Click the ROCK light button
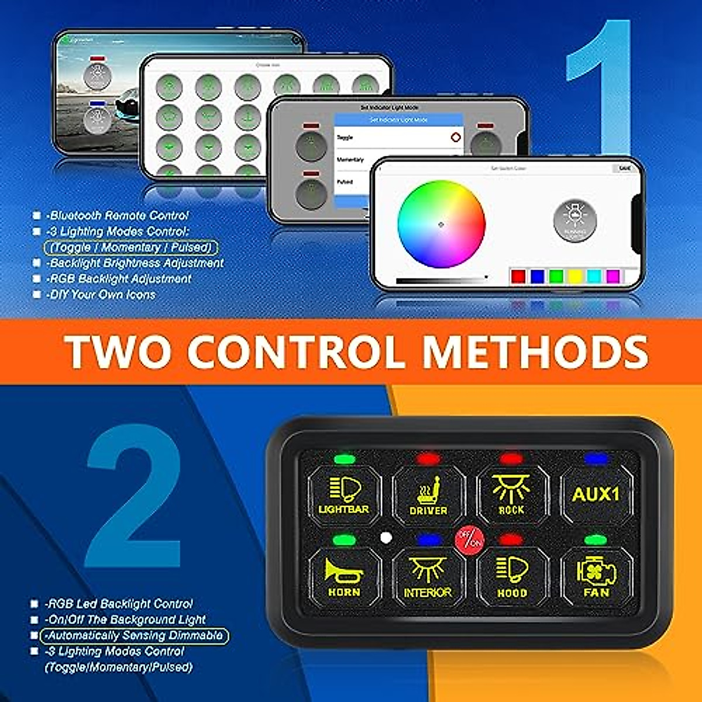(x=511, y=495)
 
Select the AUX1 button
(x=595, y=495)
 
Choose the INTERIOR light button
(x=428, y=578)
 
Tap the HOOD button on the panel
(x=512, y=578)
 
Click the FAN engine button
(x=596, y=578)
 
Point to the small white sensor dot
(x=386, y=537)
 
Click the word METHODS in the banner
(x=535, y=352)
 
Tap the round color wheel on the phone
(x=441, y=225)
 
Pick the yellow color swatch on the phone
(x=575, y=276)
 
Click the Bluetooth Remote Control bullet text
(x=118, y=215)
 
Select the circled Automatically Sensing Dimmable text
(x=134, y=635)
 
